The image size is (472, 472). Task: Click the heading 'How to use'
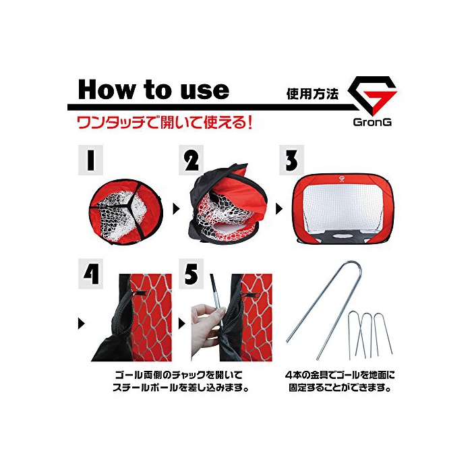pyautogui.click(x=154, y=90)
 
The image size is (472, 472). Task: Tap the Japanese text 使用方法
pyautogui.click(x=312, y=94)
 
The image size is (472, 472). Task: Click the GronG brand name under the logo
pyautogui.click(x=372, y=122)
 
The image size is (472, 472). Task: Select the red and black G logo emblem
pyautogui.click(x=372, y=95)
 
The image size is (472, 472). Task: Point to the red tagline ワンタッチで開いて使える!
pyautogui.click(x=165, y=123)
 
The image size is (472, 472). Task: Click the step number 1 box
pyautogui.click(x=90, y=160)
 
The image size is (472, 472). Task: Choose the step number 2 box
pyautogui.click(x=191, y=160)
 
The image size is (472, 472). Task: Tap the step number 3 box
pyautogui.click(x=291, y=160)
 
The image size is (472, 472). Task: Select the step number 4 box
pyautogui.click(x=90, y=274)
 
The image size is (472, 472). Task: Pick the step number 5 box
pyautogui.click(x=191, y=274)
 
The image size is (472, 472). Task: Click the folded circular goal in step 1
pyautogui.click(x=126, y=212)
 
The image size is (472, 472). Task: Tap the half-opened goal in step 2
pyautogui.click(x=227, y=204)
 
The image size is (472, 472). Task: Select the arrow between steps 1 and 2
pyautogui.click(x=177, y=208)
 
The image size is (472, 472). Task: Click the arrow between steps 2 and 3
pyautogui.click(x=279, y=208)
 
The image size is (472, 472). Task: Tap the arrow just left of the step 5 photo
pyautogui.click(x=182, y=324)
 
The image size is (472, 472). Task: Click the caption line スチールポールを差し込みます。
pyautogui.click(x=181, y=388)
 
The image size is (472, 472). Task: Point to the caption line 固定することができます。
pyautogui.click(x=340, y=388)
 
